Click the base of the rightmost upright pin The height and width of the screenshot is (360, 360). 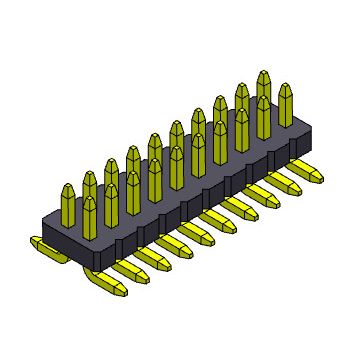point(287,130)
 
